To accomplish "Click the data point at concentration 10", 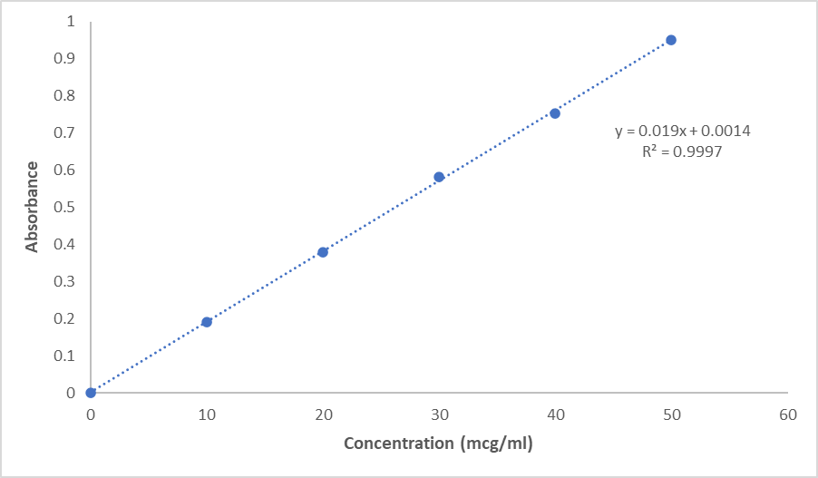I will [207, 322].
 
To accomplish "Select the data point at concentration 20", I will [323, 252].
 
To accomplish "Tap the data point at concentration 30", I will [439, 177].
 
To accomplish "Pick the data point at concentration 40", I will [555, 113].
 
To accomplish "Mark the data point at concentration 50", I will [671, 40].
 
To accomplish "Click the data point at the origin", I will [91, 393].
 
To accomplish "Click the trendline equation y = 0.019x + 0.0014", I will [682, 132].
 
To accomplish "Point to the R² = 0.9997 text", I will [681, 152].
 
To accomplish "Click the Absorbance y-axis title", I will [32, 207].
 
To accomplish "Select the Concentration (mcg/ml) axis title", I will [438, 444].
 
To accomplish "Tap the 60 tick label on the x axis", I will [787, 415].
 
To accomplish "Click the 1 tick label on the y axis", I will [71, 21].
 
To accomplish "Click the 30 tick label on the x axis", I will [439, 415].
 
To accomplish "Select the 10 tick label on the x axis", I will [207, 415].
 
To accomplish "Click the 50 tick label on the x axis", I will [671, 415].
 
